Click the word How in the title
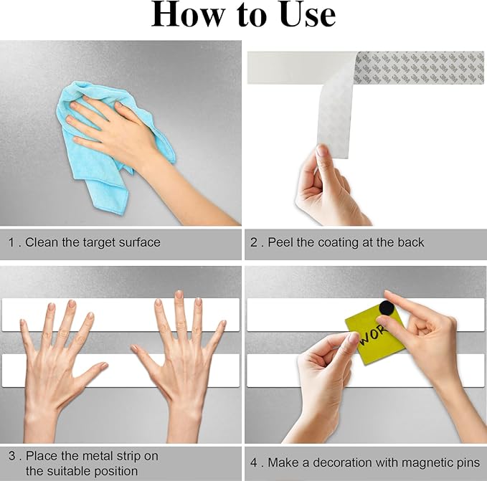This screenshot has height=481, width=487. coord(188,15)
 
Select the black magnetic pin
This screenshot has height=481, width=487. coord(387,308)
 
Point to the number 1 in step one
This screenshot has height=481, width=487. coord(11,242)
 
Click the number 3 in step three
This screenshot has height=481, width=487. coord(12,456)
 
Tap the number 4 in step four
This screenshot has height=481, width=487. coord(254,462)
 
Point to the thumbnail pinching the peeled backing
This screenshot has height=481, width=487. coord(322,151)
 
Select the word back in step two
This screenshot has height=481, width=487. coord(410,242)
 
